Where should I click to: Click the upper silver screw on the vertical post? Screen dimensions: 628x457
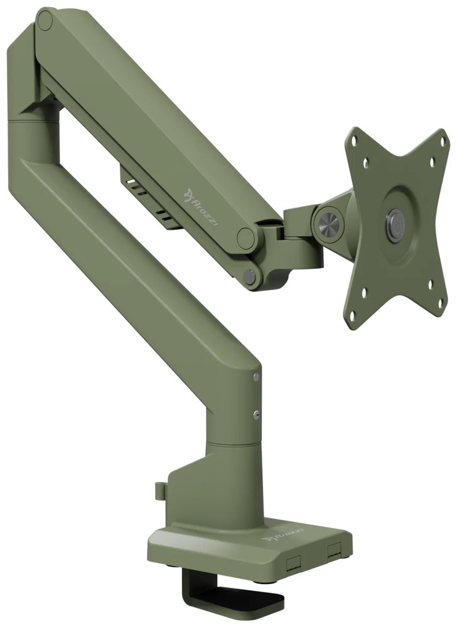(256, 378)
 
